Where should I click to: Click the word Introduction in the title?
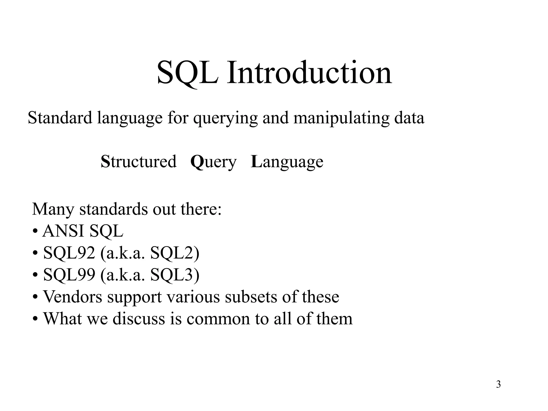point(310,73)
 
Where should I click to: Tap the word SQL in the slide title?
point(187,73)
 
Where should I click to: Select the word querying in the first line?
point(225,118)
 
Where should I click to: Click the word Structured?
point(139,162)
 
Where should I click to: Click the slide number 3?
point(498,384)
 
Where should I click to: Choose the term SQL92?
point(69,253)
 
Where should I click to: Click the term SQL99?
point(69,275)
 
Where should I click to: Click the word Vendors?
point(73,297)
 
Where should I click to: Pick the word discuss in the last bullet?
point(139,319)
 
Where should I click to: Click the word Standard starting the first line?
point(60,118)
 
